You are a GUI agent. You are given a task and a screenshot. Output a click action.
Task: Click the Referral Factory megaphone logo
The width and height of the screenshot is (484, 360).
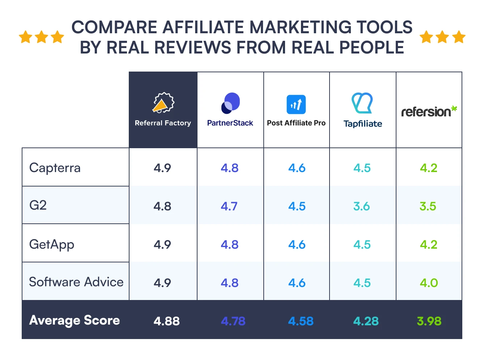163,103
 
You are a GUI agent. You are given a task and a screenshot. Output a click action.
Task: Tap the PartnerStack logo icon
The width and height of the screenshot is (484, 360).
230,103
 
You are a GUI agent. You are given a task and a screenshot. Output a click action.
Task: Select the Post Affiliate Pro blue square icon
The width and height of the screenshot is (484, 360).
296,104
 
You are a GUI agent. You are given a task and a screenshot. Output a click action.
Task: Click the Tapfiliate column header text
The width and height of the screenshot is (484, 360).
363,124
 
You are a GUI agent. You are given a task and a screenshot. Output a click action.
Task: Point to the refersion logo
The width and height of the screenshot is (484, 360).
429,111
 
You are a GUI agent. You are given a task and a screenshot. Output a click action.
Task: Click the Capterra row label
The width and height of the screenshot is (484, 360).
55,168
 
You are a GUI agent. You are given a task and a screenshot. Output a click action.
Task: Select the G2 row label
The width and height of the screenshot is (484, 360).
38,205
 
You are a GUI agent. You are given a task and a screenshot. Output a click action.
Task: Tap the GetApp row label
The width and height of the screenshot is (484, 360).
52,244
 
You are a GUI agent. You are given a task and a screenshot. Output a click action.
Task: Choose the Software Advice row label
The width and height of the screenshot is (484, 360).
76,282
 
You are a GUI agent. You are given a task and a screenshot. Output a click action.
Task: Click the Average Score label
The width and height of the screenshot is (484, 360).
75,320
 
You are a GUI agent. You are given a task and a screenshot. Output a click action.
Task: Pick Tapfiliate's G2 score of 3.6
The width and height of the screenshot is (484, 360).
362,206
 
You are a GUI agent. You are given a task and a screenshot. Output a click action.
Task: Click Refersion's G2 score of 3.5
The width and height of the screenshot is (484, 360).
428,206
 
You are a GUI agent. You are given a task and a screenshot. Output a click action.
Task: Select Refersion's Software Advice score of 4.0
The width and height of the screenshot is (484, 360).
429,283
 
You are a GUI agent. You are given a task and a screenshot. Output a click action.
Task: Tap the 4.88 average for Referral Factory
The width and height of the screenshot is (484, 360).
167,321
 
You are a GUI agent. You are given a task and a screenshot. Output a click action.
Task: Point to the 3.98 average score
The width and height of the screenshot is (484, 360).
429,321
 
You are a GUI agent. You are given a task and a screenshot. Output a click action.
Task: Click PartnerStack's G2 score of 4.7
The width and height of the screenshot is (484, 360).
229,206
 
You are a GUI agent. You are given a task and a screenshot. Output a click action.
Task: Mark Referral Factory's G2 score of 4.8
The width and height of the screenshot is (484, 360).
162,206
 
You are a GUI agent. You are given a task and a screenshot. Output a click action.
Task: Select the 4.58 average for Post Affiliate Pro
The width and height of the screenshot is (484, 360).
301,321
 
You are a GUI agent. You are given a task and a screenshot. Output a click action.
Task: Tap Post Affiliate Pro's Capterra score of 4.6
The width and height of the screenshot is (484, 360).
297,168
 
